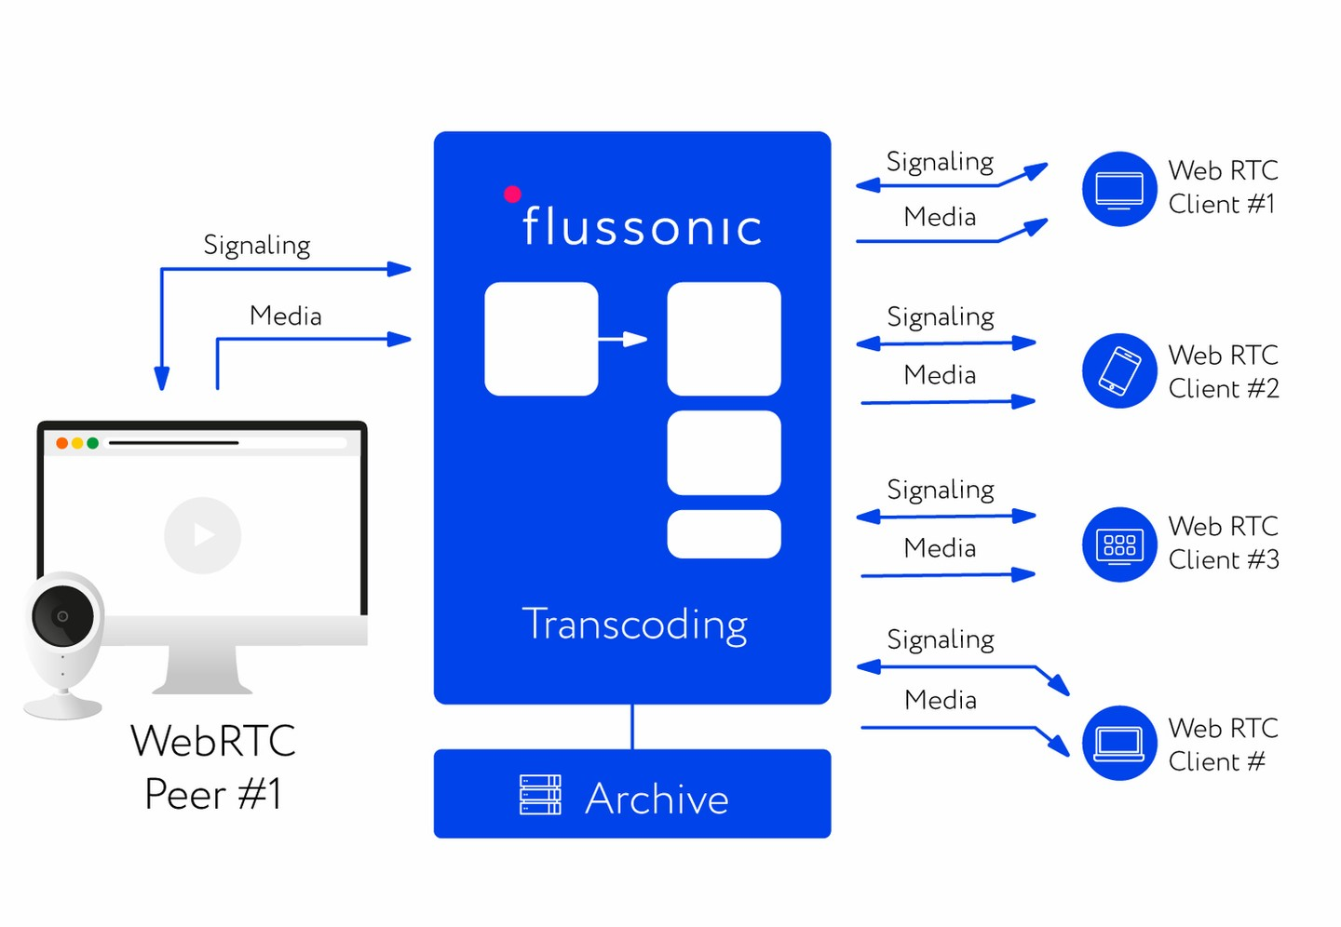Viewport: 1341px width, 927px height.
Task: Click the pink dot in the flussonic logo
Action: click(x=512, y=194)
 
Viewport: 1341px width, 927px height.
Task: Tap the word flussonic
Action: click(x=642, y=226)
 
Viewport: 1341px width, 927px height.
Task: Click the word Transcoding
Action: click(x=634, y=624)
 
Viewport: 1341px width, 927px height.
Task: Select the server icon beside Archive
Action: click(x=540, y=795)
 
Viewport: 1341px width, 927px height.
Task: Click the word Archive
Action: click(x=657, y=799)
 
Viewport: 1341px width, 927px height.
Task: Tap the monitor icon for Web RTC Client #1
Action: click(x=1118, y=189)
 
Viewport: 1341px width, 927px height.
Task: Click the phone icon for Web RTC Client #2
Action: click(x=1118, y=370)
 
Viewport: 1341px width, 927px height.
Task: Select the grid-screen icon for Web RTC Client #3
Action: click(x=1118, y=544)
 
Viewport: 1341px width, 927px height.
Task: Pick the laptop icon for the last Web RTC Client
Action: click(x=1118, y=743)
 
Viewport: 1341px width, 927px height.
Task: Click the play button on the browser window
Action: click(x=202, y=535)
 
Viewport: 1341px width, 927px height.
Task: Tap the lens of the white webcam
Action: click(x=62, y=616)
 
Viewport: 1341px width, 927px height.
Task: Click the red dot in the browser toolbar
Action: click(x=62, y=443)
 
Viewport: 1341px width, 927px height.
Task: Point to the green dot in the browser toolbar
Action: click(x=93, y=443)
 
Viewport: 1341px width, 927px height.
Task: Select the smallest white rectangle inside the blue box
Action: click(x=724, y=534)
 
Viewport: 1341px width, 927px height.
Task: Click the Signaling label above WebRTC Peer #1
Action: click(x=257, y=245)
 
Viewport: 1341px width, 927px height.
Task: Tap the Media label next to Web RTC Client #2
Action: click(x=940, y=375)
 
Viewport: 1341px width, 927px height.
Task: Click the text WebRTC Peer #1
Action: click(x=213, y=767)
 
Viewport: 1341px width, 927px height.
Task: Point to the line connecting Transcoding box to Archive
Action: click(x=632, y=726)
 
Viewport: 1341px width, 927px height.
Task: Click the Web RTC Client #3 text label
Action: click(x=1223, y=543)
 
